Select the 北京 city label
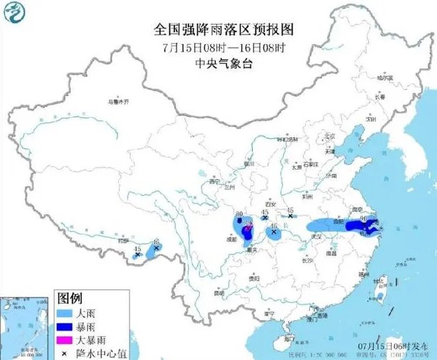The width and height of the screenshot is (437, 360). click(328, 135)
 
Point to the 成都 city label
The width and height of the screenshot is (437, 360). click(235, 240)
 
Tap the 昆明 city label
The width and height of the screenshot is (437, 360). click(219, 293)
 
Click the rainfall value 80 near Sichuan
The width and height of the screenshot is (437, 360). click(238, 215)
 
